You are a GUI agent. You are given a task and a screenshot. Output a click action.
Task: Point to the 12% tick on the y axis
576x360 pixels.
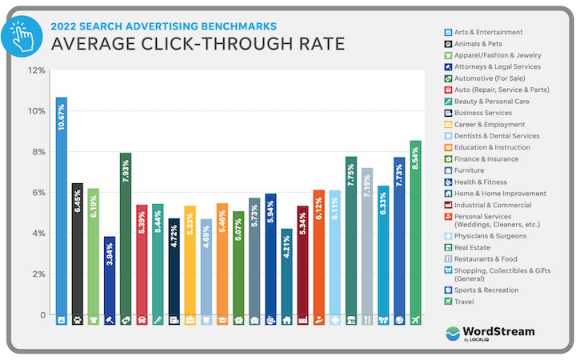click(35, 70)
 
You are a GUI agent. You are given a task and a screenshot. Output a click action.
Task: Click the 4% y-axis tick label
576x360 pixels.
click(38, 234)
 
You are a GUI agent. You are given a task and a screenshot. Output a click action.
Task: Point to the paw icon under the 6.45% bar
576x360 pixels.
click(78, 320)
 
